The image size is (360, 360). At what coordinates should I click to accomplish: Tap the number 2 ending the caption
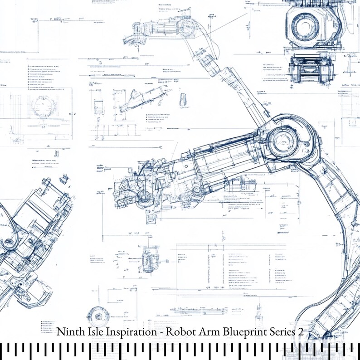pyautogui.click(x=300, y=332)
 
